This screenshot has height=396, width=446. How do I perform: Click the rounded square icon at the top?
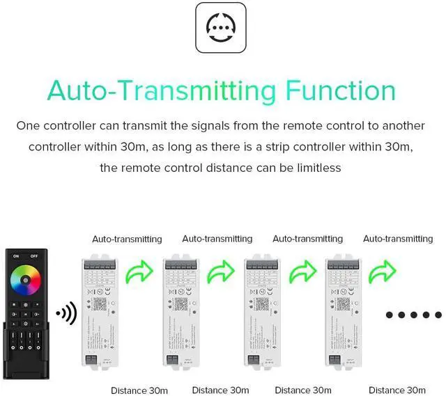222,28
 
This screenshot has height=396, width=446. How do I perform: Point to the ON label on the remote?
16,255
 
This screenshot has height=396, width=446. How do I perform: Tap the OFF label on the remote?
34,255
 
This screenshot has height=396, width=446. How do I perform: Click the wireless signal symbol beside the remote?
66,314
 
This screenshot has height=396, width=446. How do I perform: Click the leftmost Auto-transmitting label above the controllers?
127,239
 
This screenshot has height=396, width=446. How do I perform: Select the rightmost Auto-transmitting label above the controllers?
398,239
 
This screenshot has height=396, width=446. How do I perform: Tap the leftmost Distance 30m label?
139,390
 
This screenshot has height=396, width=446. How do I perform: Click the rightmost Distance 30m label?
397,390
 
